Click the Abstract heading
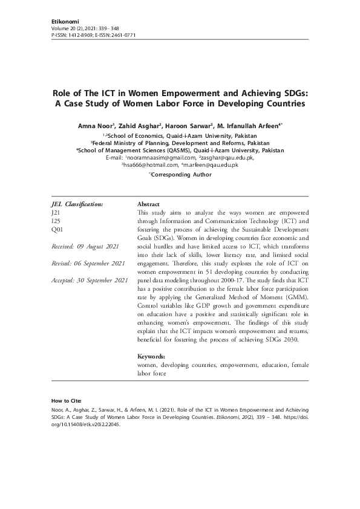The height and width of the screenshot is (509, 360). point(149,206)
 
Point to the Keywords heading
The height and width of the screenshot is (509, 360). point(151,357)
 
